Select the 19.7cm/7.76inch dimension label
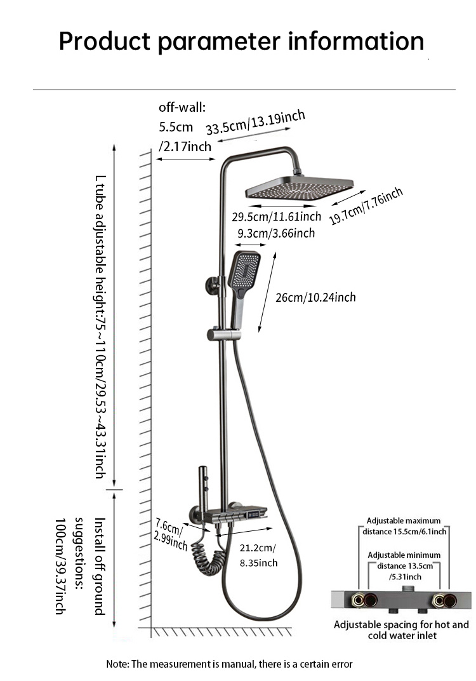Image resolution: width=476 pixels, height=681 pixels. [x=366, y=206]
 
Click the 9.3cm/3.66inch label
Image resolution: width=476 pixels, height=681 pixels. [x=276, y=233]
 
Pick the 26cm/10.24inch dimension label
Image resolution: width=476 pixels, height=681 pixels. [x=315, y=297]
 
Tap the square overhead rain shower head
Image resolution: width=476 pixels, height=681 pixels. [x=298, y=189]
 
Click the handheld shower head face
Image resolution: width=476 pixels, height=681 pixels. [x=244, y=269]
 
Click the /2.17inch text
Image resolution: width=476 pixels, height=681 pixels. [x=185, y=147]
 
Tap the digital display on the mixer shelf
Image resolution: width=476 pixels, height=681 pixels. [x=256, y=511]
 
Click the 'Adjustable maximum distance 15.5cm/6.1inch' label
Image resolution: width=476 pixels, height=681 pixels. [x=404, y=526]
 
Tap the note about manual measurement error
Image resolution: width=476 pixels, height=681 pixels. [x=229, y=664]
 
